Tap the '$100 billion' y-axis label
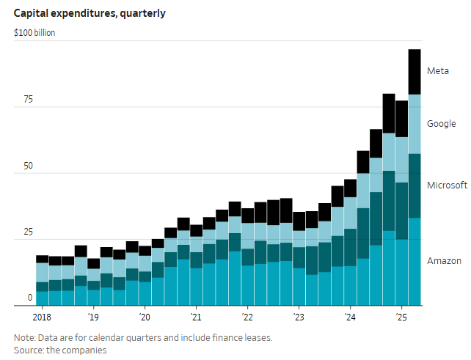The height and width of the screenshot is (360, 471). (34, 33)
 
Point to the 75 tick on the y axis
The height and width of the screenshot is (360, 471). (27, 100)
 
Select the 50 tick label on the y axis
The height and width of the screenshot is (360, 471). (27, 166)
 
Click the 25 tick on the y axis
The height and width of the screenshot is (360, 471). (27, 232)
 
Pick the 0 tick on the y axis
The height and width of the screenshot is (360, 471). (30, 298)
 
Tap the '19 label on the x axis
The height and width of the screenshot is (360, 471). (93, 317)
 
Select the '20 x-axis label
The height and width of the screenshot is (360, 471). (145, 317)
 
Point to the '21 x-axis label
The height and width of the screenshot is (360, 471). (196, 317)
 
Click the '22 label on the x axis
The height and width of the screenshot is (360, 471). (247, 317)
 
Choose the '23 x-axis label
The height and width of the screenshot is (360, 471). (299, 317)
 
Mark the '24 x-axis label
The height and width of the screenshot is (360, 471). (350, 317)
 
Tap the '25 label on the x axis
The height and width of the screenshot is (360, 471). (401, 317)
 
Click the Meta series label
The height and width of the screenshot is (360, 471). (437, 71)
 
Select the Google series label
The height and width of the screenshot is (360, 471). (442, 124)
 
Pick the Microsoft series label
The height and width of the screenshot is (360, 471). (447, 185)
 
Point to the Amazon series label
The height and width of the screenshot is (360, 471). (444, 261)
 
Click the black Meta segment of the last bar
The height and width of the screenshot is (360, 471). (415, 72)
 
